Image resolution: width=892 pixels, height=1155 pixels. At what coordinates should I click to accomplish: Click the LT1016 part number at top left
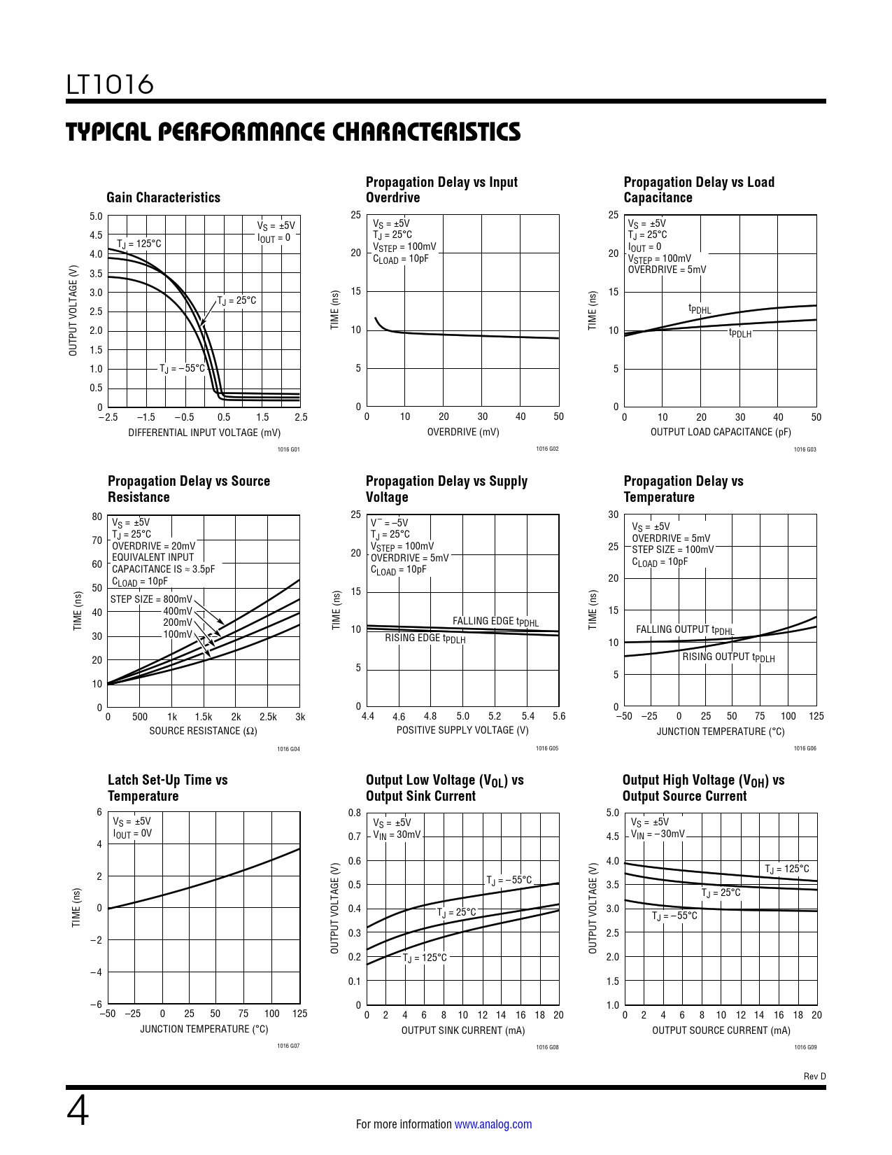pos(110,85)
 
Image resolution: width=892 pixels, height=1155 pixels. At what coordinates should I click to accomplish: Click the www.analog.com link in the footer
pos(493,1124)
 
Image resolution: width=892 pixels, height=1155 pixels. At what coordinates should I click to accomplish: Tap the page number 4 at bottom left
pos(78,1111)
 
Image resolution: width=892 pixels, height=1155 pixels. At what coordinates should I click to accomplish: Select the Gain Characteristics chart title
pos(163,197)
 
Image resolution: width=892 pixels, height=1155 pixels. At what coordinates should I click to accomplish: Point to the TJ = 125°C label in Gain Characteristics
pos(139,244)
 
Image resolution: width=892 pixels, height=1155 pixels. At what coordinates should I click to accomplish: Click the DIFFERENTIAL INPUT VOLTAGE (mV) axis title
pos(204,433)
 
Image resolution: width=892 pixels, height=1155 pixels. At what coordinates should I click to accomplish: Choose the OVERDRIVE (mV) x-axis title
pos(463,432)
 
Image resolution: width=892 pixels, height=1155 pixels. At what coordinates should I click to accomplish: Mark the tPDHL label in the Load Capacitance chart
pos(699,309)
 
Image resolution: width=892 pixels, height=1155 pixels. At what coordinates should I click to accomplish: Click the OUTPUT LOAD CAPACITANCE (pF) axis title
pos(721,432)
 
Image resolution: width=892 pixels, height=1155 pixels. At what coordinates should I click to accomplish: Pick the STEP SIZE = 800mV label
pos(151,599)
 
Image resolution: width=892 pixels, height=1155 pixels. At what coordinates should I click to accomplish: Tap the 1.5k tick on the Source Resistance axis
pos(204,717)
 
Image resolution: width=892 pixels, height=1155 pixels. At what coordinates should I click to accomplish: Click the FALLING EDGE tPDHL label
pos(495,622)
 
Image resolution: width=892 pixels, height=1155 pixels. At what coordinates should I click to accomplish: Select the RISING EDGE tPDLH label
pos(425,638)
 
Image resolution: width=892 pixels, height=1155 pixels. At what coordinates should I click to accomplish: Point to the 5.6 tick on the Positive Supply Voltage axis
pos(558,716)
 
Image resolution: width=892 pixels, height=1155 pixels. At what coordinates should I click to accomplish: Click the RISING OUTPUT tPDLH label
pos(728,657)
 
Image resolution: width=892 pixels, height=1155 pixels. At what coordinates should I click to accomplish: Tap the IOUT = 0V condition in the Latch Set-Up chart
pos(132,834)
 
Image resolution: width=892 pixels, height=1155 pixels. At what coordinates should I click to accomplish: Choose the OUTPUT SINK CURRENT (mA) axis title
pos(463,1030)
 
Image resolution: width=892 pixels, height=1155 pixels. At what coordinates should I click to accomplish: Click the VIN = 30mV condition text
pos(397,835)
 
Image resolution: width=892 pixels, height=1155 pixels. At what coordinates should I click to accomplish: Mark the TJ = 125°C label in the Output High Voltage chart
pos(786,869)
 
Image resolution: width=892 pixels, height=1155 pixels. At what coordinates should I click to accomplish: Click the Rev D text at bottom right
pos(814,1076)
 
